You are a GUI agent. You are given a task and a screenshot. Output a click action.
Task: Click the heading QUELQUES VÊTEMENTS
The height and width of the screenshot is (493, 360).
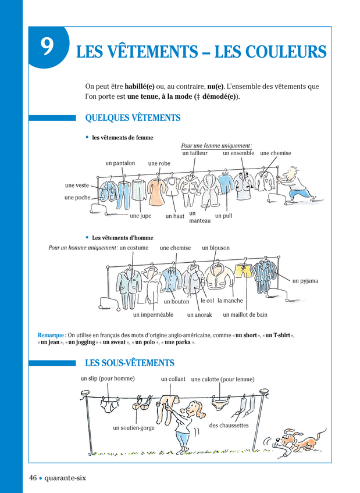tap(133, 118)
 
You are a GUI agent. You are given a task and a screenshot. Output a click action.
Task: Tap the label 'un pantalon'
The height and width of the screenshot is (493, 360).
tap(120, 163)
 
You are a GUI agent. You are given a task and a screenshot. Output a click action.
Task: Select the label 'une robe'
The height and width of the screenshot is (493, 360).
tap(159, 164)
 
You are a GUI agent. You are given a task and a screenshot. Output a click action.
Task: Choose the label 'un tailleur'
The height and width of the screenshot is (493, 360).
tap(194, 153)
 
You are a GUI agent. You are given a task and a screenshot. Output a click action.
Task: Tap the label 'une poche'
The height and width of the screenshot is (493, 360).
tap(77, 198)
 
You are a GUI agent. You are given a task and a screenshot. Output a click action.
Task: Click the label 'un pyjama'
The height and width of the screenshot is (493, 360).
tap(305, 281)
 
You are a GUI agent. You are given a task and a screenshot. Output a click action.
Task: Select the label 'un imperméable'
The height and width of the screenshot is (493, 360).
tap(153, 315)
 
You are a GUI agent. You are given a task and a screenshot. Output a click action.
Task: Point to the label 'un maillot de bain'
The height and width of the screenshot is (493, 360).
tap(245, 315)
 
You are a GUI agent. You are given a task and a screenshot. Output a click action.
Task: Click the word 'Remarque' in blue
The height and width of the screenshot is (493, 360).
tap(51, 335)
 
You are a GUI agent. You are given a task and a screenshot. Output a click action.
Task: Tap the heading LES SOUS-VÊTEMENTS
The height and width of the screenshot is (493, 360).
tap(130, 363)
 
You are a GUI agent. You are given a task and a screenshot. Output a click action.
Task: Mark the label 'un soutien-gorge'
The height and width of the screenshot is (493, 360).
tap(133, 428)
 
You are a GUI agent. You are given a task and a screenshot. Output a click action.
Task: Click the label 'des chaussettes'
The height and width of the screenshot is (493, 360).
tap(229, 426)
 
